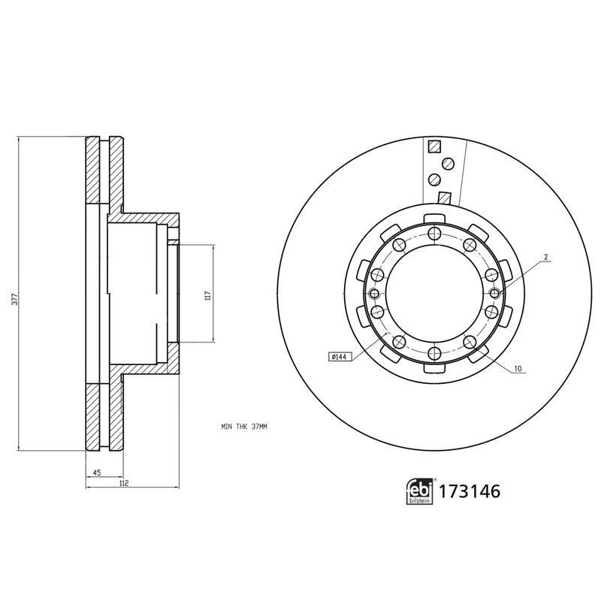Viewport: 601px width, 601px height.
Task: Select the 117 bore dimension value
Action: tap(208, 295)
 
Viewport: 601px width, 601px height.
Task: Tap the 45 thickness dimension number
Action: tap(97, 473)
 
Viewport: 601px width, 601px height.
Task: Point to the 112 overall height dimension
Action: tap(125, 484)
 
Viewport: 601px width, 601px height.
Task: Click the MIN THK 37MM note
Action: tap(244, 426)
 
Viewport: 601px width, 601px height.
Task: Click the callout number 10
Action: tap(518, 370)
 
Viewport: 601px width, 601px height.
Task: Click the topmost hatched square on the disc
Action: tap(433, 147)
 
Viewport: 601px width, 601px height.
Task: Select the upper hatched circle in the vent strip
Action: tap(448, 162)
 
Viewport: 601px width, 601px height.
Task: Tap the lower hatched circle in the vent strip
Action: tap(434, 180)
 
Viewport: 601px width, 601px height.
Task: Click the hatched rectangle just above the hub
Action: tap(444, 199)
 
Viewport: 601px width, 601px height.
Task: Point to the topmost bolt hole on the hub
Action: tap(433, 233)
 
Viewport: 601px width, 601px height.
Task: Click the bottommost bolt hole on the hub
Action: tap(433, 354)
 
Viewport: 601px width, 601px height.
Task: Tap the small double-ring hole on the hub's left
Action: tap(374, 294)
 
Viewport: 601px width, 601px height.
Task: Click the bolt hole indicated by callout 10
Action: tap(470, 343)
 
